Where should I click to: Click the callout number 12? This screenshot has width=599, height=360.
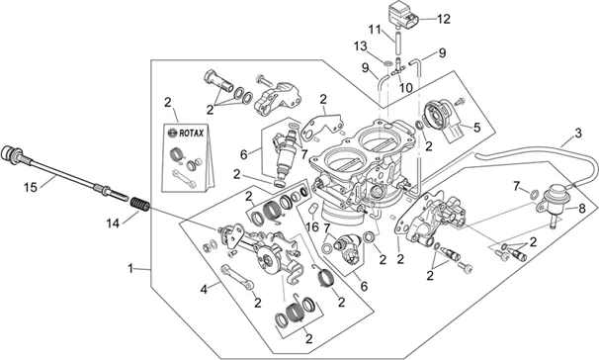[444, 19]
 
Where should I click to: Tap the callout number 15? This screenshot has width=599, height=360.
[31, 187]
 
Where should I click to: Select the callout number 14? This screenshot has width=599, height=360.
[113, 224]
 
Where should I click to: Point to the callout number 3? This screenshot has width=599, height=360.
[578, 133]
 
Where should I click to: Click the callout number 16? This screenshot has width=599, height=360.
[312, 227]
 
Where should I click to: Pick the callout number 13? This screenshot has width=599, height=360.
[360, 46]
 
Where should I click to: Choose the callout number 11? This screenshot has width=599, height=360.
[376, 29]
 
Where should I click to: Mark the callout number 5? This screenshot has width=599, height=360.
[476, 128]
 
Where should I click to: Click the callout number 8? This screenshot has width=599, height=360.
[582, 209]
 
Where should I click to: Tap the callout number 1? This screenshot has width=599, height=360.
[130, 269]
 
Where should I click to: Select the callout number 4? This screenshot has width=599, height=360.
[204, 290]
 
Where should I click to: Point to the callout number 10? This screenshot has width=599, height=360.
[405, 87]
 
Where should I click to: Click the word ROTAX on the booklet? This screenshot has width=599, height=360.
[192, 133]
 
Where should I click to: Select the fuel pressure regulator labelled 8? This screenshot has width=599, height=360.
[552, 201]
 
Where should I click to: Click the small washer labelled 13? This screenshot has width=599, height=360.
[386, 62]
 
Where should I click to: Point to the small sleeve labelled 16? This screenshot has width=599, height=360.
[313, 209]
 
